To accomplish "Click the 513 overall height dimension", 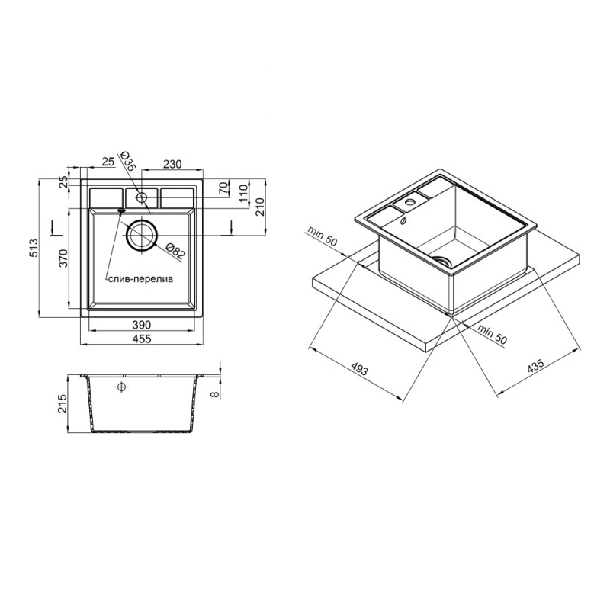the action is pos(34,248).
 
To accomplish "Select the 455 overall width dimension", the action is pos(141,339).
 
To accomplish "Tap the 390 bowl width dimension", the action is pos(141,325).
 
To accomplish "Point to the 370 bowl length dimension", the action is pos(63,258).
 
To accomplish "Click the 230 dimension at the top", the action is pos(172,164).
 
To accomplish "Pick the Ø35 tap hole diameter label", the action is pos(127,161).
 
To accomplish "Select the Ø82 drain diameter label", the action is pos(175,252).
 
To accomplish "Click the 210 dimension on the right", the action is pos(260,207).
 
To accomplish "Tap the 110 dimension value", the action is pos(243,194).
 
